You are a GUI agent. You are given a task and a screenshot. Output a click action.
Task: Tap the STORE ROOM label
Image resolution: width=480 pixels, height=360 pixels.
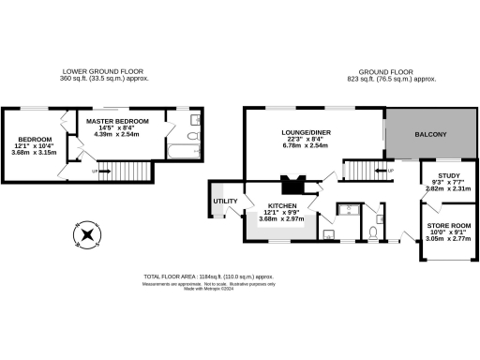pyautogui.click(x=447, y=224)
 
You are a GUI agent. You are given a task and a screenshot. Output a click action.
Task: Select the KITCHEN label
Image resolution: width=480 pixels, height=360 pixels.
pyautogui.click(x=282, y=205)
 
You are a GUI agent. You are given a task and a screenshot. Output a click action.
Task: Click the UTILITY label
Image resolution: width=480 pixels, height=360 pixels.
pyautogui.click(x=224, y=201)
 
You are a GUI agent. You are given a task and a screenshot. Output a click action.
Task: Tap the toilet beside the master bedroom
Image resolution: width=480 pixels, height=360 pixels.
pyautogui.click(x=193, y=137)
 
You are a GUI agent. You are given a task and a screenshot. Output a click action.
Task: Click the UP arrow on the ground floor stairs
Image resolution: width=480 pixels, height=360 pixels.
pyautogui.click(x=381, y=170)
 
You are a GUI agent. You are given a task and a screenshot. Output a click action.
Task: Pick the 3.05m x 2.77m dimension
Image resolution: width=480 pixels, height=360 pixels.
pyautogui.click(x=447, y=239)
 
